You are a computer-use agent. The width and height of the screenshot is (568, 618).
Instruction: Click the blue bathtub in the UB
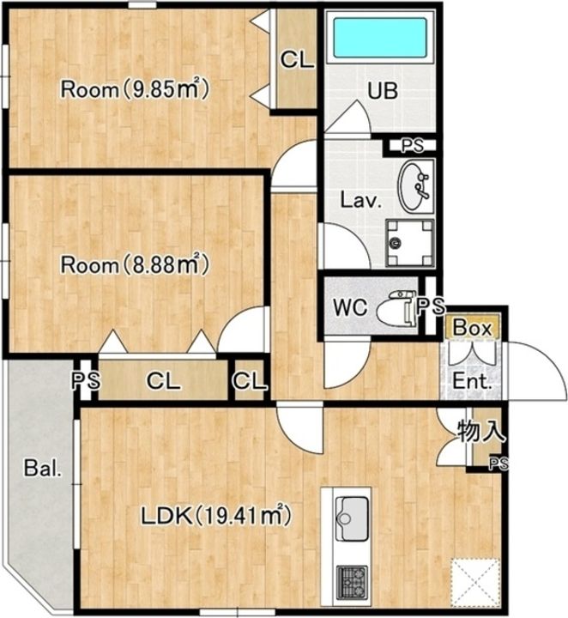[x=380, y=38]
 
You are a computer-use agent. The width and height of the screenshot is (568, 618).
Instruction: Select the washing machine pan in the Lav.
[x=409, y=243]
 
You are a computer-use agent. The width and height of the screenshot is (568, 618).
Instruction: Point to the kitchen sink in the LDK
[x=352, y=518]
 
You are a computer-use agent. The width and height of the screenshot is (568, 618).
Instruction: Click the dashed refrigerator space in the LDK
[x=476, y=584]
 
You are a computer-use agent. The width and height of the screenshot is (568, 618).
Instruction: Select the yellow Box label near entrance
[x=472, y=327]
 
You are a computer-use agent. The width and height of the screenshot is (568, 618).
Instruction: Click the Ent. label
[x=472, y=381]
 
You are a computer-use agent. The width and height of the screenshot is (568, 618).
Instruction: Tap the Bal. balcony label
[x=43, y=469]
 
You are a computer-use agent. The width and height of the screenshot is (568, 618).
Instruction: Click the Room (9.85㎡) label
[x=135, y=89]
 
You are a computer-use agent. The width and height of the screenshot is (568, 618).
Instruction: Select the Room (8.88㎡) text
[x=135, y=264]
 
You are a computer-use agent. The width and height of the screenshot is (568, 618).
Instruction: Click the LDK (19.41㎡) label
[x=216, y=516]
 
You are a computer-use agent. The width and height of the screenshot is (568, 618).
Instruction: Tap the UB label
[x=383, y=91]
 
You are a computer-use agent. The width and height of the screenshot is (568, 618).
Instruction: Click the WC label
[x=350, y=307]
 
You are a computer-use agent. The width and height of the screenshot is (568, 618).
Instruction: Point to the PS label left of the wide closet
[x=86, y=381]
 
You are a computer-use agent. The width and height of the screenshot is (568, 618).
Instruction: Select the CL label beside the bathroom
[x=298, y=60]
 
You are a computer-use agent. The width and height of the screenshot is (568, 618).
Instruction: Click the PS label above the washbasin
[x=413, y=146]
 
